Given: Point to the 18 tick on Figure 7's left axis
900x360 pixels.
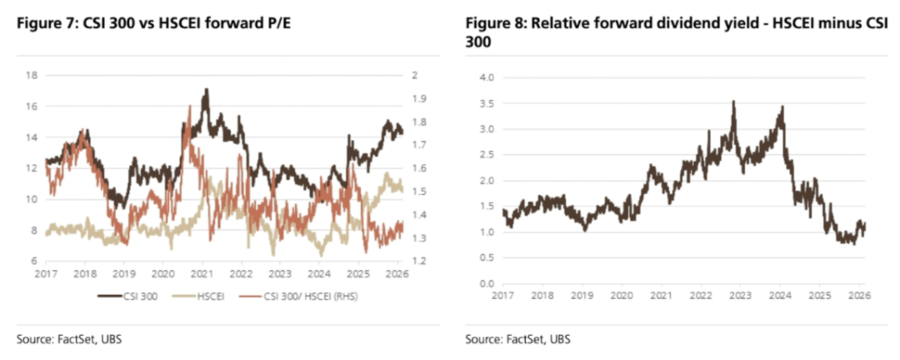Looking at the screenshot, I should tap(32, 75).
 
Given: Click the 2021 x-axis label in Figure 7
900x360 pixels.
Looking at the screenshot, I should tap(202, 272).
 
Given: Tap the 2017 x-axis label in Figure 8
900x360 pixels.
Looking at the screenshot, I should tap(503, 295).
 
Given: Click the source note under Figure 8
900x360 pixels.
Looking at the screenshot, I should tap(518, 338).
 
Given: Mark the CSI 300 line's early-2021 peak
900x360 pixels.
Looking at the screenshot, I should tap(205, 89).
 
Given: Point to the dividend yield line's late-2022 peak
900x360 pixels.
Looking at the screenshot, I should tap(733, 102).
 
